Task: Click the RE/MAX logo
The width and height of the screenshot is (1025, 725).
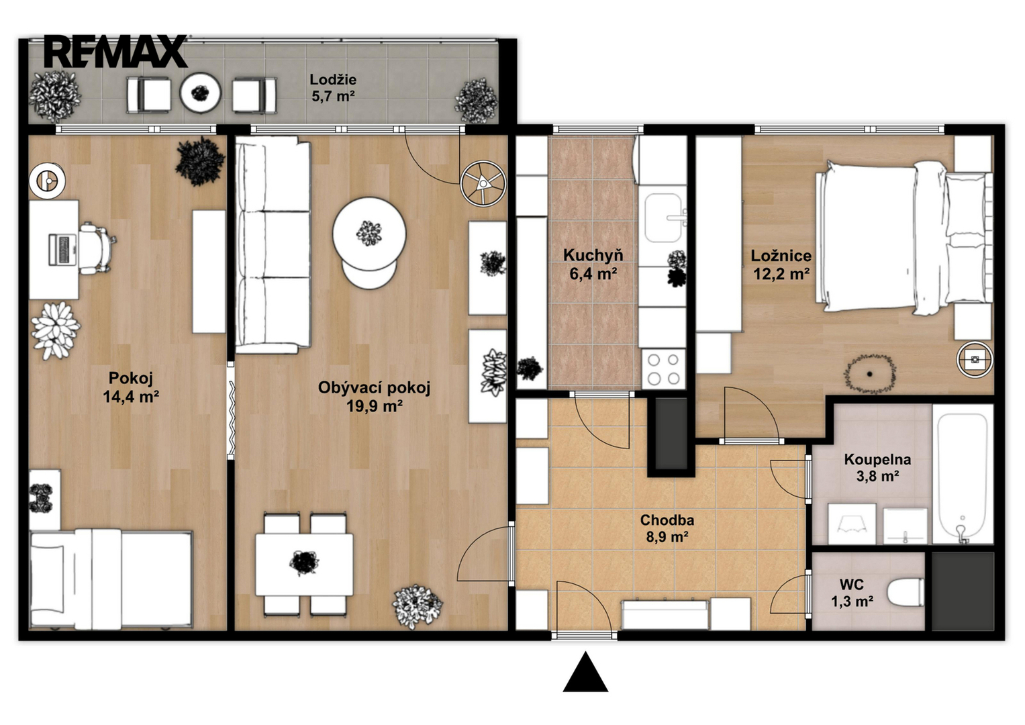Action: tap(116, 51)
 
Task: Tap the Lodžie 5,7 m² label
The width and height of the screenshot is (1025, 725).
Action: tap(333, 88)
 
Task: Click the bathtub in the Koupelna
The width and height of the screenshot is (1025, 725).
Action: tap(963, 478)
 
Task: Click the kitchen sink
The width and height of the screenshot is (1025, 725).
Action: tap(665, 218)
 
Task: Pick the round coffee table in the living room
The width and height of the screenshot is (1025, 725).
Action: tap(369, 234)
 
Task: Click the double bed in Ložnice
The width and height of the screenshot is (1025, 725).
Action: tap(904, 238)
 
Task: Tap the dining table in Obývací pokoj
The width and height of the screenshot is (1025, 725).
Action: tap(304, 565)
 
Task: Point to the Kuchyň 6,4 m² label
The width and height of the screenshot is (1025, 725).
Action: tap(593, 264)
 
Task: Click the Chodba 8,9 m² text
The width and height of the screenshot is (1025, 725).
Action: tap(667, 528)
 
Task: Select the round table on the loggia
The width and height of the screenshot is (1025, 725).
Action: tap(200, 93)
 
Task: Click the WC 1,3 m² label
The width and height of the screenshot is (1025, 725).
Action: tap(852, 593)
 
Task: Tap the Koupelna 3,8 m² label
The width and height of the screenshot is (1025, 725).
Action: tap(877, 468)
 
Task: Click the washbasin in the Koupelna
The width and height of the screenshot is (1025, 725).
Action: tap(905, 526)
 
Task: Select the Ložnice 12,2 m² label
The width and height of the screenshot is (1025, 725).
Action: tap(781, 264)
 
